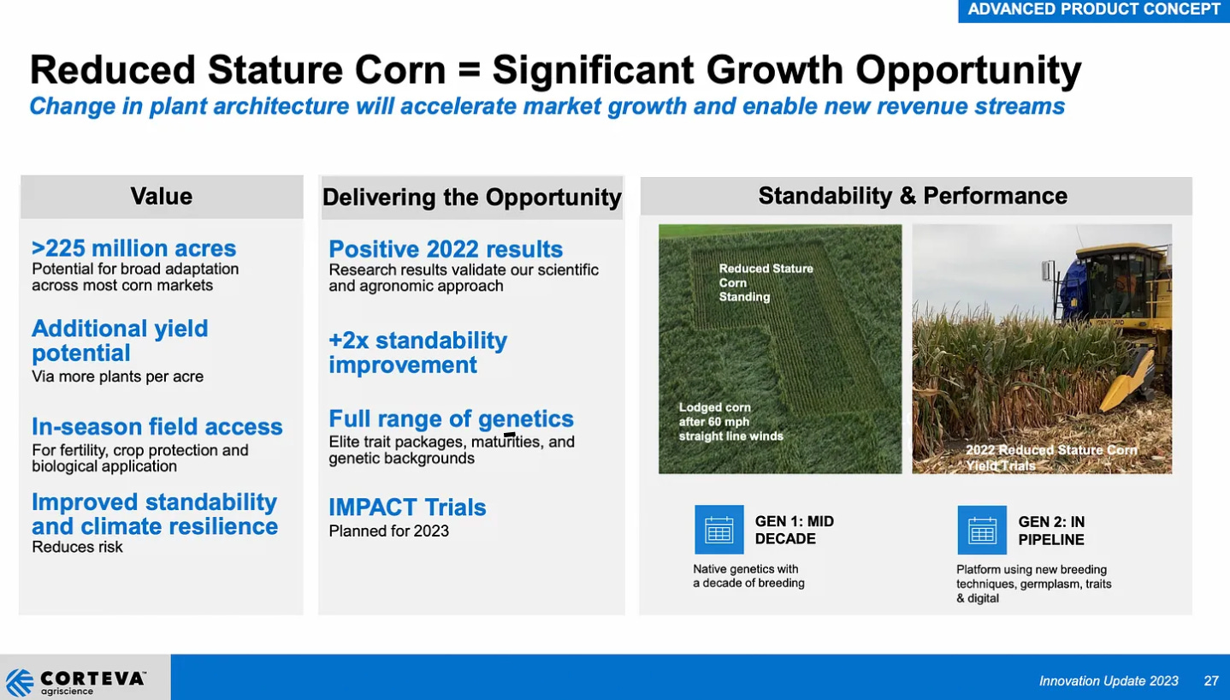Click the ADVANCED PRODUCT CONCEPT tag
pyautogui.click(x=1093, y=10)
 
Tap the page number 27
pyautogui.click(x=1210, y=681)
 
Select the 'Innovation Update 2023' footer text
pyautogui.click(x=1109, y=681)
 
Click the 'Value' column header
pyautogui.click(x=161, y=197)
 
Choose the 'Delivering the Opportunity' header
pyautogui.click(x=471, y=198)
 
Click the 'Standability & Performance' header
pyautogui.click(x=913, y=196)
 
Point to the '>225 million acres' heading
pyautogui.click(x=133, y=249)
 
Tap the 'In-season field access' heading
pyautogui.click(x=157, y=426)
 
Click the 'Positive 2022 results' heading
pyautogui.click(x=446, y=250)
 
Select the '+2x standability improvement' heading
pyautogui.click(x=417, y=353)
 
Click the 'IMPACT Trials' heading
pyautogui.click(x=407, y=507)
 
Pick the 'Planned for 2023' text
pyautogui.click(x=388, y=531)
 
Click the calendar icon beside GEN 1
pyautogui.click(x=718, y=530)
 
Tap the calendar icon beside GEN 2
pyautogui.click(x=981, y=530)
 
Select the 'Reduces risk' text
pyautogui.click(x=77, y=547)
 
